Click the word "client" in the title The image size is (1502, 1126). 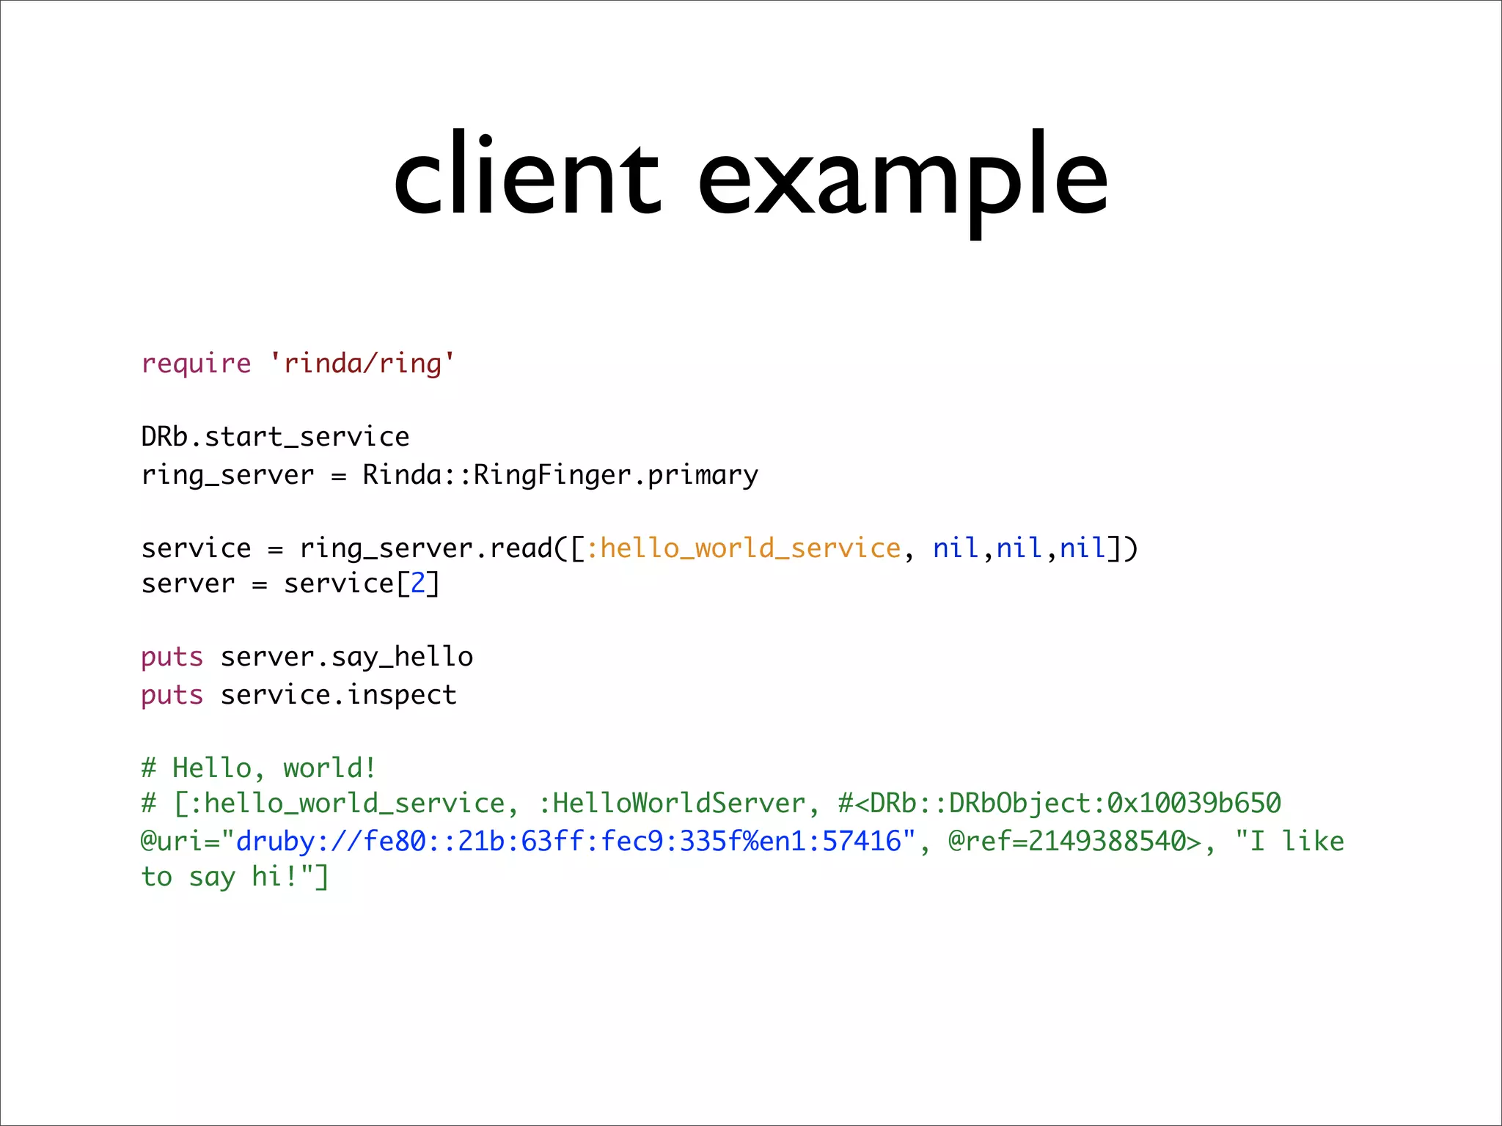[527, 176]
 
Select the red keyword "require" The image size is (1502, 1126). [196, 364]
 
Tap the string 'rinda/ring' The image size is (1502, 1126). [362, 364]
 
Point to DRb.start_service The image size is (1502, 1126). [275, 437]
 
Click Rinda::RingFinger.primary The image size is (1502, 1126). [560, 475]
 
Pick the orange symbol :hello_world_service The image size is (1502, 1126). [743, 548]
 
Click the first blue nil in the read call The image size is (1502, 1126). [956, 548]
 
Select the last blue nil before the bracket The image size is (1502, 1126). [1082, 548]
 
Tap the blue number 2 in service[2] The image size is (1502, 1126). [418, 584]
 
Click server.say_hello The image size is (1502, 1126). [347, 657]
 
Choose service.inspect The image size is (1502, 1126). [339, 695]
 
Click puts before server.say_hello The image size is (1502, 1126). [172, 657]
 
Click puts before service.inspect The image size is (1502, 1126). [172, 695]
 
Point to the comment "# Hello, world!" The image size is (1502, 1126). [259, 768]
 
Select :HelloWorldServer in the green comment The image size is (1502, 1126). [672, 803]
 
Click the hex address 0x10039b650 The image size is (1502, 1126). [1193, 803]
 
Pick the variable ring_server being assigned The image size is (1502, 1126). [227, 475]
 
